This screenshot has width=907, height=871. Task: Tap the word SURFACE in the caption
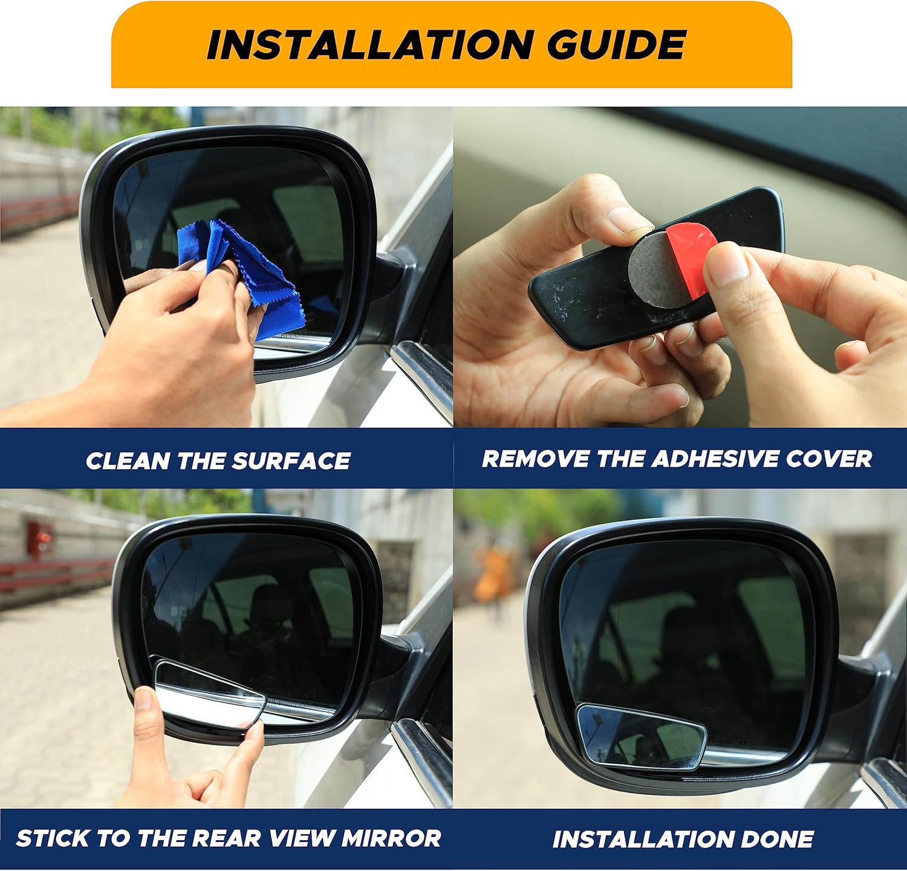coord(291,461)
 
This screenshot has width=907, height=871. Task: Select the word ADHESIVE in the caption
coord(714,459)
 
